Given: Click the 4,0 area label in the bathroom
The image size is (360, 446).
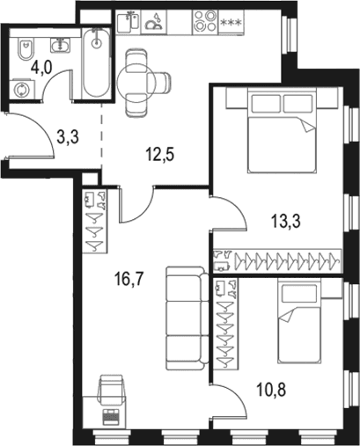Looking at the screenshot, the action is click(x=41, y=69).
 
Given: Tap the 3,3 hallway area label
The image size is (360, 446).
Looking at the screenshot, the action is click(x=68, y=137).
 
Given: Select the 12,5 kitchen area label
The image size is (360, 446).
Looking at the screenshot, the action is click(x=159, y=155).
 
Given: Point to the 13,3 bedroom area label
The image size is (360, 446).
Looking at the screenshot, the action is click(x=286, y=221).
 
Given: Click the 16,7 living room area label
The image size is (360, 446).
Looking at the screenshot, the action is click(x=129, y=279).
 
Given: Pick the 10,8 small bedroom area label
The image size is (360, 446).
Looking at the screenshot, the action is click(x=271, y=390).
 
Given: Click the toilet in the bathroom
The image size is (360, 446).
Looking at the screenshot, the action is click(x=26, y=48).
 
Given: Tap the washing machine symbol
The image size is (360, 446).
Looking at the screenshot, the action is click(x=22, y=90).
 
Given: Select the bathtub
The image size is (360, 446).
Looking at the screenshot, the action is click(x=96, y=63).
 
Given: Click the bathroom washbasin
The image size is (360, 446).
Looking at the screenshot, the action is click(x=61, y=46).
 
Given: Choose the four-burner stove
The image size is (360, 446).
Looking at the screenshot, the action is click(x=205, y=21).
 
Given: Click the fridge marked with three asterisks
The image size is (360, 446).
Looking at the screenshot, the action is click(x=231, y=22).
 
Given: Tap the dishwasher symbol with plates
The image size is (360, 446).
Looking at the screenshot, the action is click(x=153, y=22).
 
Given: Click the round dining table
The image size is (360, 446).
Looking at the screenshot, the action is click(x=134, y=83).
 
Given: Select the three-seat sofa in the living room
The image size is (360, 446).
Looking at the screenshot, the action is click(x=187, y=318).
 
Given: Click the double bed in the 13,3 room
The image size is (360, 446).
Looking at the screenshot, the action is click(x=283, y=130).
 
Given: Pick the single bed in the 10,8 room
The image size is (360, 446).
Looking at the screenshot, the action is click(x=298, y=321).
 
